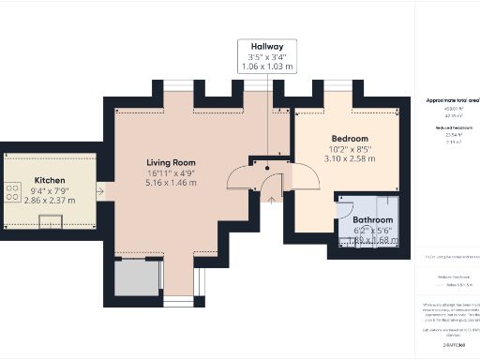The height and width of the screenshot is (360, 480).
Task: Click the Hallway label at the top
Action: [x=266, y=46]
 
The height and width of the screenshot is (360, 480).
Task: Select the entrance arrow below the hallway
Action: [x=269, y=196]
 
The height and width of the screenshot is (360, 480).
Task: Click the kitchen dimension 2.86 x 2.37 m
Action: [x=50, y=201]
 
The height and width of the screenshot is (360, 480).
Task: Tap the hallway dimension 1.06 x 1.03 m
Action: [x=266, y=67]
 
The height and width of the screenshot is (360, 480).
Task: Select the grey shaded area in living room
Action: [x=133, y=278]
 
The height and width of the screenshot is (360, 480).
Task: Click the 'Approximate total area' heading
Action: [x=453, y=99]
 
